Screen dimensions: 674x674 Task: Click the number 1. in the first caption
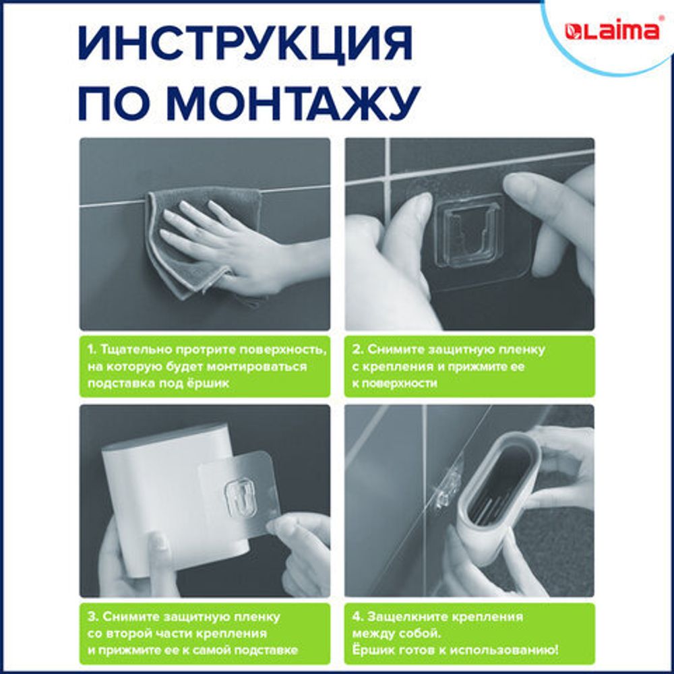click(92, 350)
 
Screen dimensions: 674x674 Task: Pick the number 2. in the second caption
click(358, 350)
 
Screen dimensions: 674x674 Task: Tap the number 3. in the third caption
click(92, 617)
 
